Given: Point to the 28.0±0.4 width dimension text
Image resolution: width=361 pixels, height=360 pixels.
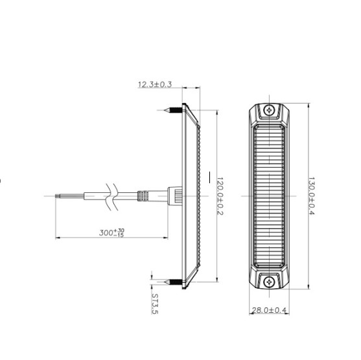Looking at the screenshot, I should point(270,311).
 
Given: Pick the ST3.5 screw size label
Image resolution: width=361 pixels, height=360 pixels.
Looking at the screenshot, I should point(155,303).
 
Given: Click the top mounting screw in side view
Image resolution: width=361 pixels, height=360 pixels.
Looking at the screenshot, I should point(173,111).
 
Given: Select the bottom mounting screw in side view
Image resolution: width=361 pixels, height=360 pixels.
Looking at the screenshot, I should point(173,280).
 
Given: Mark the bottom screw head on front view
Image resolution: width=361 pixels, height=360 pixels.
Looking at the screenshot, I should point(269,280).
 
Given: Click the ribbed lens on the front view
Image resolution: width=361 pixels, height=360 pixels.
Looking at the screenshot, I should point(269,194).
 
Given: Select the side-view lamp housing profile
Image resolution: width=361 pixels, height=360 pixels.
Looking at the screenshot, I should point(192,194).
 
